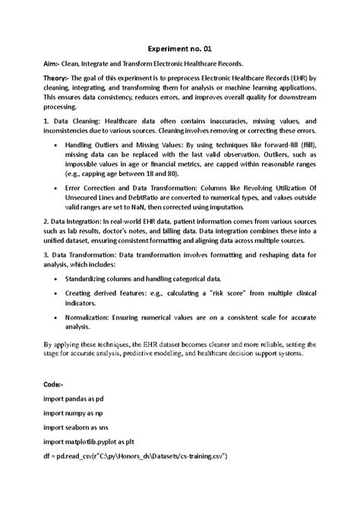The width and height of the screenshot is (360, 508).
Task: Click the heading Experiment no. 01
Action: coord(179,48)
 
